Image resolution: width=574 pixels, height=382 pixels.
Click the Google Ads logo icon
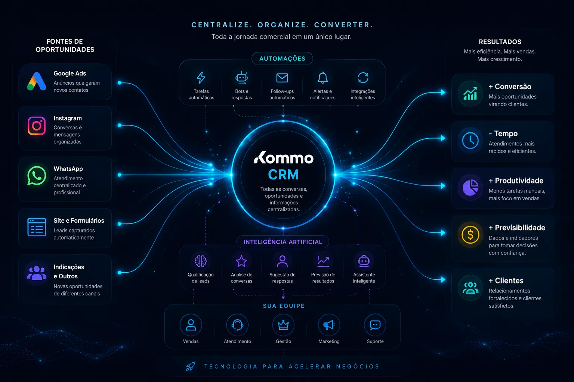[x=37, y=81]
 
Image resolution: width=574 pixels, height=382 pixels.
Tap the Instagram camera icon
[x=37, y=126]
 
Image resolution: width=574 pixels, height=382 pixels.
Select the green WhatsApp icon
[x=37, y=176]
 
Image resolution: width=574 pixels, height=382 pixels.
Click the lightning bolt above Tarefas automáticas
[x=201, y=78]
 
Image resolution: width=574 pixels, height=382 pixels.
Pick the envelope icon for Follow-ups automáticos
[x=282, y=78]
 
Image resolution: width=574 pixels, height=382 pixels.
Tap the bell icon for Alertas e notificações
[x=323, y=78]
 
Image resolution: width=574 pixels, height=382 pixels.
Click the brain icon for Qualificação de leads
[x=201, y=261]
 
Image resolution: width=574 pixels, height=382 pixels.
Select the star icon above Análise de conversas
[x=241, y=261]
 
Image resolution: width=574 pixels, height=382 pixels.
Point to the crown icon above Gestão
[x=283, y=325]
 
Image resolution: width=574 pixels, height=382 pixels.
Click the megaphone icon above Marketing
[x=329, y=325]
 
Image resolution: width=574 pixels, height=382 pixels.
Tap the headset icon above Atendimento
[x=237, y=325]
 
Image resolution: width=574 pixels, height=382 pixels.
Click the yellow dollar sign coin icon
[x=470, y=235]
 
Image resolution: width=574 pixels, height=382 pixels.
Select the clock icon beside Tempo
[x=470, y=141]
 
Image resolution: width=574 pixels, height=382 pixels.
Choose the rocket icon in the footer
[x=191, y=366]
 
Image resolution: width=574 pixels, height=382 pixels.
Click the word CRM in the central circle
[x=283, y=175]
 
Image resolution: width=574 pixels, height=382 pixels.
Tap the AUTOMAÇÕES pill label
[x=283, y=59]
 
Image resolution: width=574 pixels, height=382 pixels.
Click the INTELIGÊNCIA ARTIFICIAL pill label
[x=283, y=242]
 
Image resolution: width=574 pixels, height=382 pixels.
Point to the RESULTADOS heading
[x=500, y=42]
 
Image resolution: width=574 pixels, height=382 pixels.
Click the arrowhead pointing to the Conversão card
[x=443, y=93]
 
